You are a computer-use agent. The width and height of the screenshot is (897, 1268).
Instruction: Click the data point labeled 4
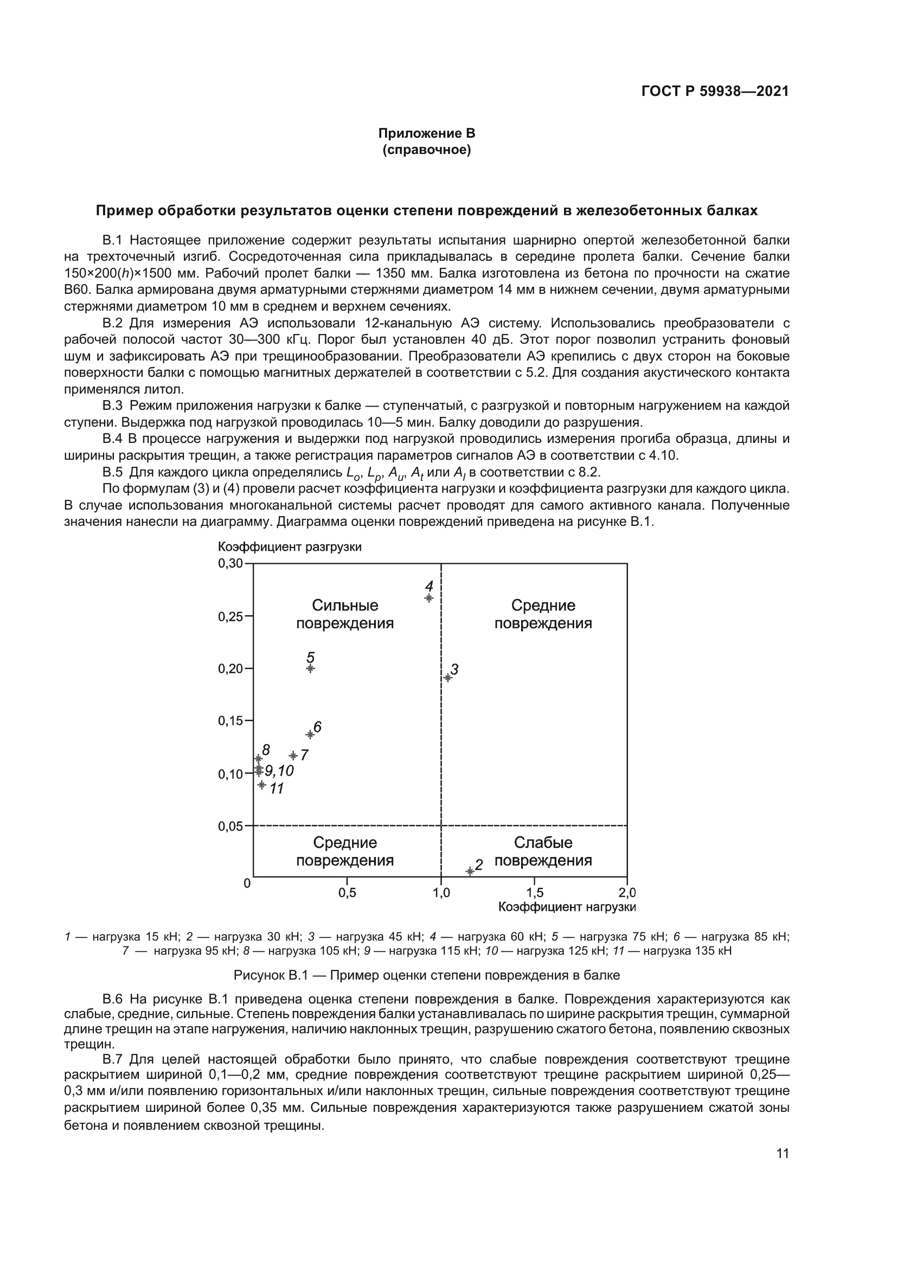(x=429, y=598)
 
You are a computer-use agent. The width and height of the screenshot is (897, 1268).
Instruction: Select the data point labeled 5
(x=310, y=668)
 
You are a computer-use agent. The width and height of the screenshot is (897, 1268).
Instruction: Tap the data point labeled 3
(x=448, y=678)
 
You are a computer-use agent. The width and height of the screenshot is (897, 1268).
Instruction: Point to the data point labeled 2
(x=470, y=871)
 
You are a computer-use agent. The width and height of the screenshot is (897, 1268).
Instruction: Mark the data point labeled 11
(x=262, y=785)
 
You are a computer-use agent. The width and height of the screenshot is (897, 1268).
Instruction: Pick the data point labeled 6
(x=310, y=735)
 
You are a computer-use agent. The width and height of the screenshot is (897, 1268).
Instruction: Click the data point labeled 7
(x=293, y=756)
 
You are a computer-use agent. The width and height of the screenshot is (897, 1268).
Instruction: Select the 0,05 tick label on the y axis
(x=230, y=826)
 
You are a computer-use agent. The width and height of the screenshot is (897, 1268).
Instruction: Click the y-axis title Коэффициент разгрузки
(x=290, y=547)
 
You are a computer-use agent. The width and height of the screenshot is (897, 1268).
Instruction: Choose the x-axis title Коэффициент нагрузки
(x=567, y=907)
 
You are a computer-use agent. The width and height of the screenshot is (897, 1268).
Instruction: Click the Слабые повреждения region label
(x=543, y=852)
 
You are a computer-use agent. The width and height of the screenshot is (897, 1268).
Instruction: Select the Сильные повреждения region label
(x=345, y=614)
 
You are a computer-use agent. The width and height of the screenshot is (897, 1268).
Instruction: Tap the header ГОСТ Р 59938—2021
(x=715, y=91)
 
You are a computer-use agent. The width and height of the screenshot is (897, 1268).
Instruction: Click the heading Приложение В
(x=426, y=133)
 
